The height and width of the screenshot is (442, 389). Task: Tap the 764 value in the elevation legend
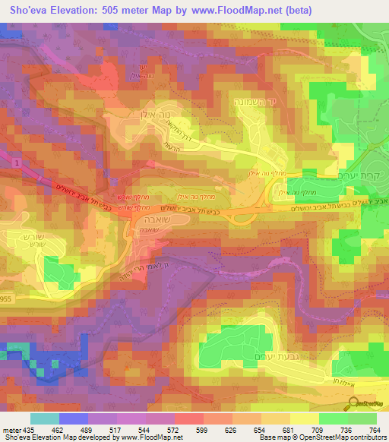click(375, 429)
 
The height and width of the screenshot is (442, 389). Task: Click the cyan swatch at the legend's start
click(44, 418)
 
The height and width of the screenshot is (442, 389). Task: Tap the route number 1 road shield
click(14, 162)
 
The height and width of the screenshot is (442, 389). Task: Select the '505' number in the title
click(116, 10)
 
